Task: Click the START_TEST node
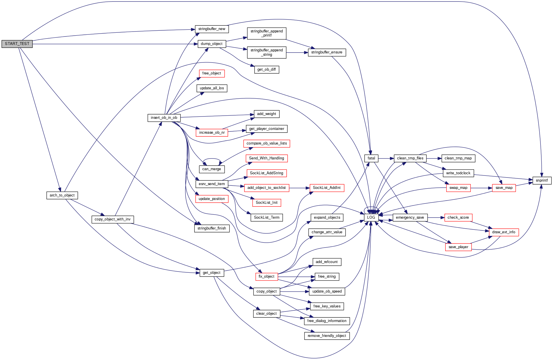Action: click(17, 44)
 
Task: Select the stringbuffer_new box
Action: click(212, 29)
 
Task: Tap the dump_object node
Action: click(211, 44)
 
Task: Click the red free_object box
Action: click(211, 73)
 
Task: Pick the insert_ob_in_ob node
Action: click(164, 118)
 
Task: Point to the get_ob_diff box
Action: click(267, 69)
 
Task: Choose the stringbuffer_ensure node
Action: click(327, 52)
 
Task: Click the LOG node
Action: click(371, 218)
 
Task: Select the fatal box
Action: click(371, 158)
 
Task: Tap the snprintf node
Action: click(542, 180)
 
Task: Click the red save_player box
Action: click(458, 247)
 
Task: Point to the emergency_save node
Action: click(410, 218)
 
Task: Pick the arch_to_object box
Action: click(62, 195)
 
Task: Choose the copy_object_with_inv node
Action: click(113, 219)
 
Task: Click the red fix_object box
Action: click(266, 276)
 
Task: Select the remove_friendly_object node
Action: click(327, 336)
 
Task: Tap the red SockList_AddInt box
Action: click(327, 188)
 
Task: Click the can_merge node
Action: click(211, 169)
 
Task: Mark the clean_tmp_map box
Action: click(458, 158)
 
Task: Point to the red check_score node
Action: click(458, 218)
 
